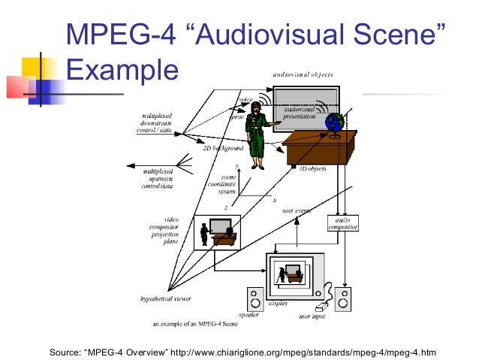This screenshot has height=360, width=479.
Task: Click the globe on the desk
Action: point(333,123)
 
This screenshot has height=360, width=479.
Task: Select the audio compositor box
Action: point(343,223)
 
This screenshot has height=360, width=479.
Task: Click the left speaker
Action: point(254,300)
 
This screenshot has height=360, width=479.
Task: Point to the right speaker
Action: point(344,299)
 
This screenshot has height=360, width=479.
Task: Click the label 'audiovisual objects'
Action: point(303,75)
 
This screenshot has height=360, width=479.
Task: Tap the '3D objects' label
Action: point(312,169)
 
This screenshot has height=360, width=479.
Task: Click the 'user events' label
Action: point(297,211)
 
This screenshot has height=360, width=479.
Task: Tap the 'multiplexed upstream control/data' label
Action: point(158,179)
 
